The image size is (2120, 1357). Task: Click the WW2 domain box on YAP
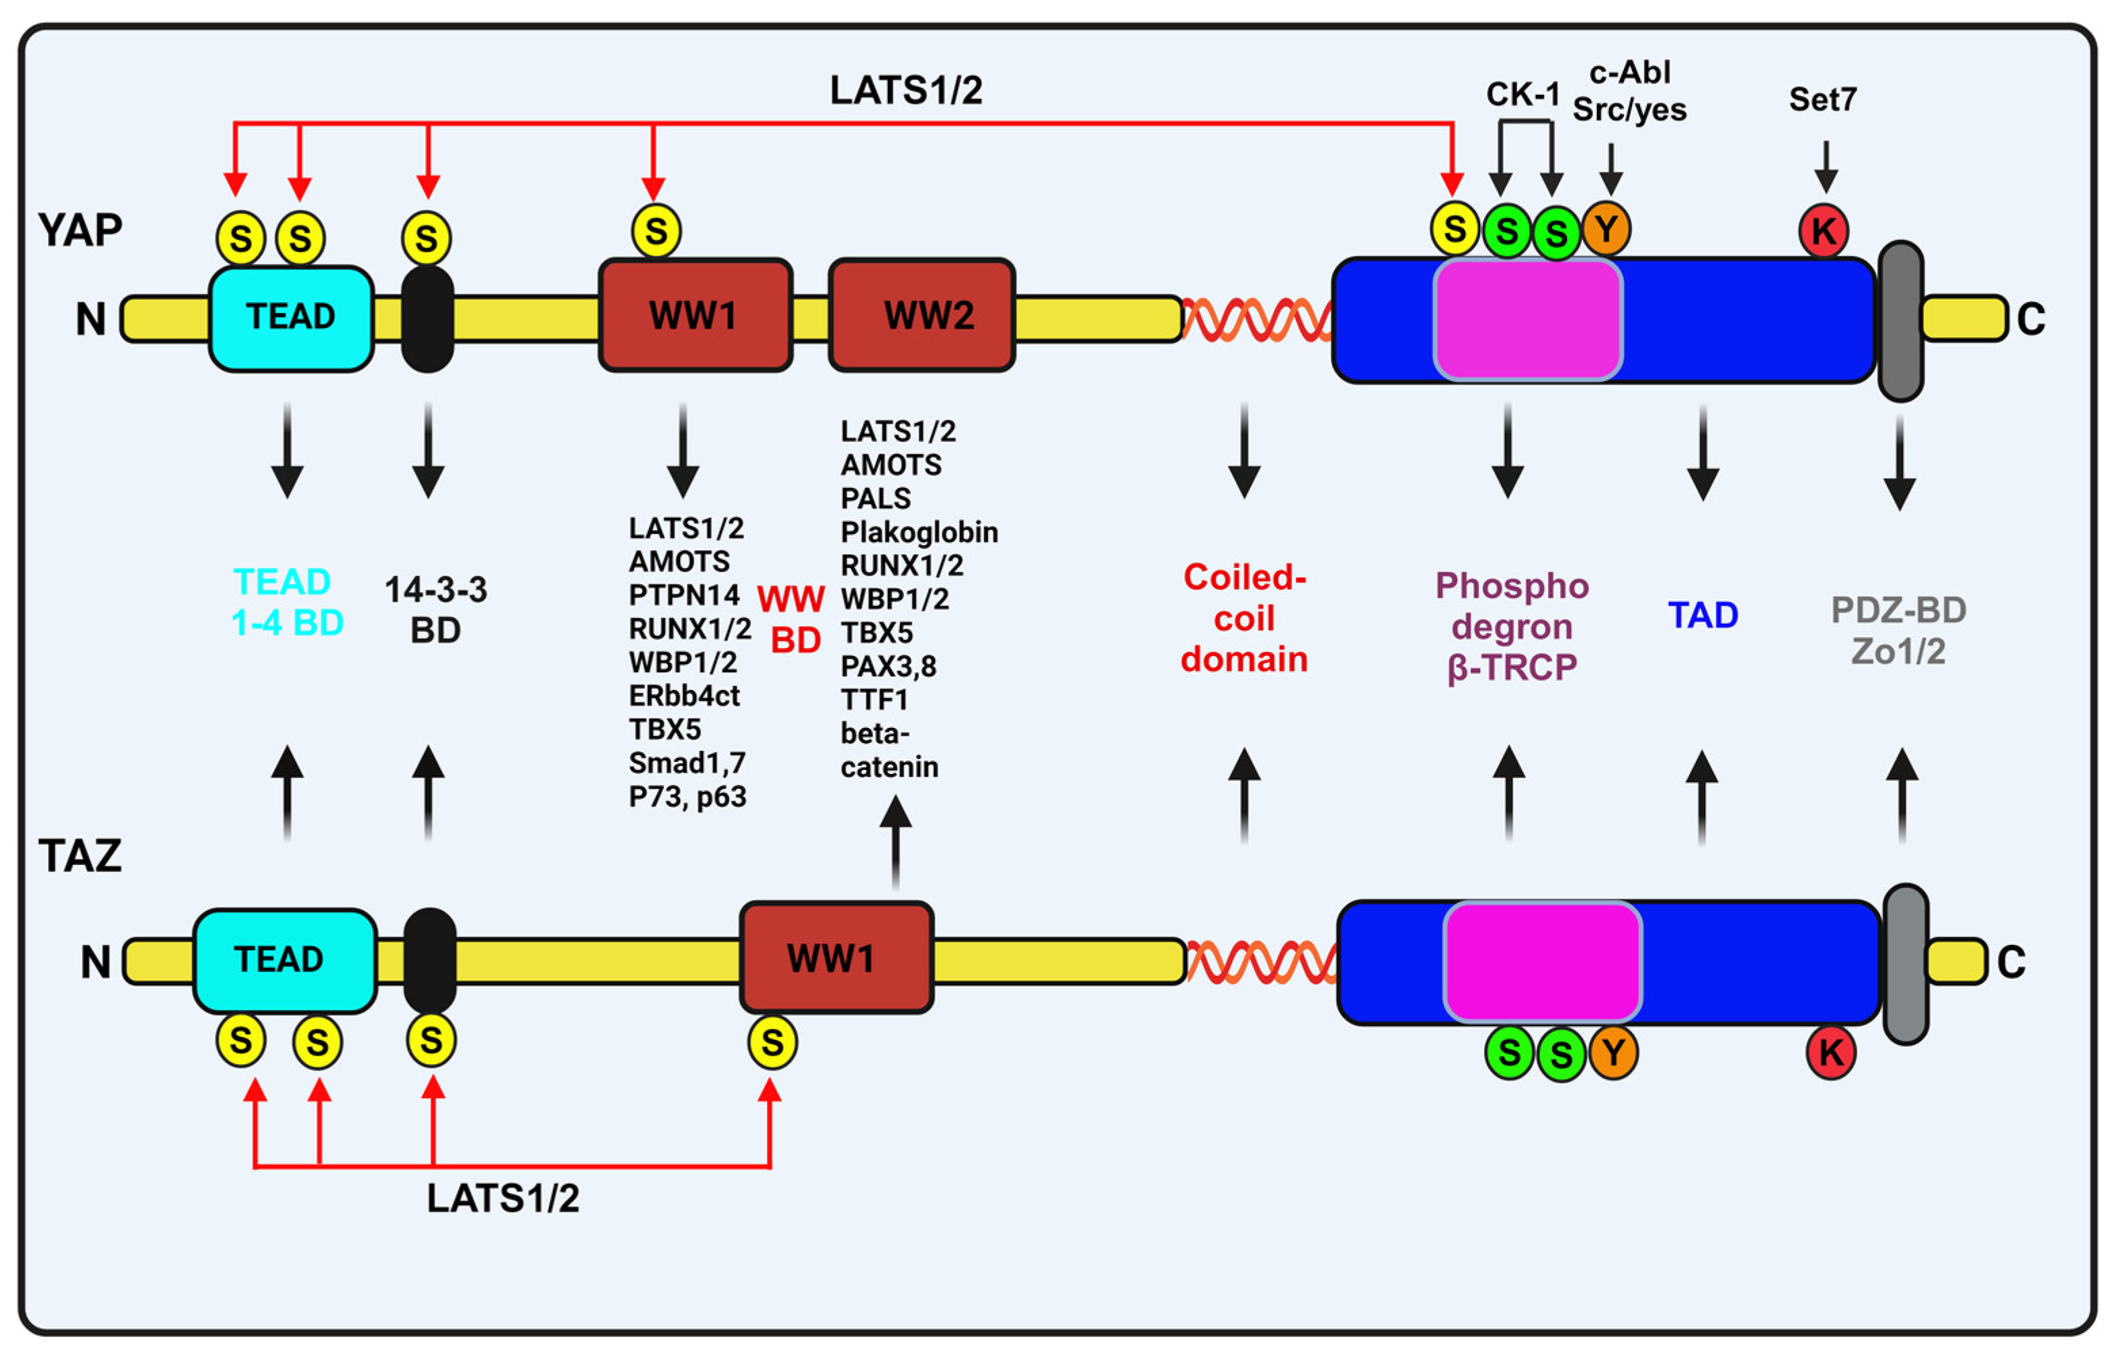922,315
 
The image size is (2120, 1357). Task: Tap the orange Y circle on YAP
1606,229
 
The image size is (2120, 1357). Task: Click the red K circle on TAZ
1830,1052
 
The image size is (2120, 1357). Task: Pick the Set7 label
1822,100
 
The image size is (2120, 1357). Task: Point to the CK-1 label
1523,94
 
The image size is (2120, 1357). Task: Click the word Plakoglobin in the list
919,532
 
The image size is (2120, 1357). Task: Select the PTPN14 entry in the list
684,595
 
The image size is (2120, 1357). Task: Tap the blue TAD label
1703,615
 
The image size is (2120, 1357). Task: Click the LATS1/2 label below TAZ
503,1198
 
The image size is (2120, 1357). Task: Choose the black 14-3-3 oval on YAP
428,319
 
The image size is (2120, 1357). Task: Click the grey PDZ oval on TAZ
1906,964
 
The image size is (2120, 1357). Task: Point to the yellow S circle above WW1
655,232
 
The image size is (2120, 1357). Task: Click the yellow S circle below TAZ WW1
772,1042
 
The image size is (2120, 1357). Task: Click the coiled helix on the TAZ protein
1261,961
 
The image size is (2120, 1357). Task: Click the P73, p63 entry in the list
687,796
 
